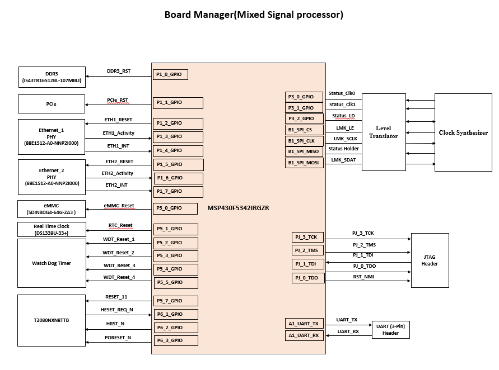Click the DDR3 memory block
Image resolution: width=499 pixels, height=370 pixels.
point(52,77)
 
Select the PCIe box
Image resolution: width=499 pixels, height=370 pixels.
point(52,104)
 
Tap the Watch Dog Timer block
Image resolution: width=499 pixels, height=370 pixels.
point(52,263)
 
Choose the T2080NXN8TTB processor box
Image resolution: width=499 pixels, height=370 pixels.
point(52,320)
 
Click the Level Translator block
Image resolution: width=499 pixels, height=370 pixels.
point(384,132)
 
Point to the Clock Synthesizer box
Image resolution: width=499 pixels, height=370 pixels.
point(463,132)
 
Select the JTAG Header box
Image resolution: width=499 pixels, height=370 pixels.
point(430,260)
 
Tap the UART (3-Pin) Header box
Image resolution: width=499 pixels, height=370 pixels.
point(391,330)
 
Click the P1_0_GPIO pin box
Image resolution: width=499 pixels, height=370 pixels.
point(170,75)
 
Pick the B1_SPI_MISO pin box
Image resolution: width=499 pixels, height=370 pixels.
point(304,152)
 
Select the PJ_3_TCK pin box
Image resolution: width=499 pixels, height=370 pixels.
point(307,237)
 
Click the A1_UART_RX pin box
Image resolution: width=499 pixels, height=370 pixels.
point(304,335)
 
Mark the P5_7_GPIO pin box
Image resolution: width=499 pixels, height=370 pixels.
point(175,301)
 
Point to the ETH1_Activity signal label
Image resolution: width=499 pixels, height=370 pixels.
point(118,133)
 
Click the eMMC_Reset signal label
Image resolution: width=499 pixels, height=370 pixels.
point(119,206)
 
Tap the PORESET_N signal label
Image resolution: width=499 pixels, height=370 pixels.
point(118,338)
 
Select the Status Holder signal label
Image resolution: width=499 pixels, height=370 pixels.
point(343,149)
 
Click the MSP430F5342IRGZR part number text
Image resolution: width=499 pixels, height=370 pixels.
point(238,208)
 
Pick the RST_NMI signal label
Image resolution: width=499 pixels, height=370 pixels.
point(363,277)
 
